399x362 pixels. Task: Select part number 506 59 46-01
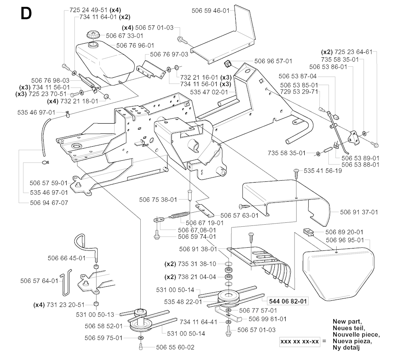pos(211,11)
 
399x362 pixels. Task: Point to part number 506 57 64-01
pos(39,280)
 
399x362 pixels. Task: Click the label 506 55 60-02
pos(175,347)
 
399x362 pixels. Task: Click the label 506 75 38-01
pos(158,199)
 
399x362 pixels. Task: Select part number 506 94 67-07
pos(49,202)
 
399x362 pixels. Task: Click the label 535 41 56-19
pos(323,171)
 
